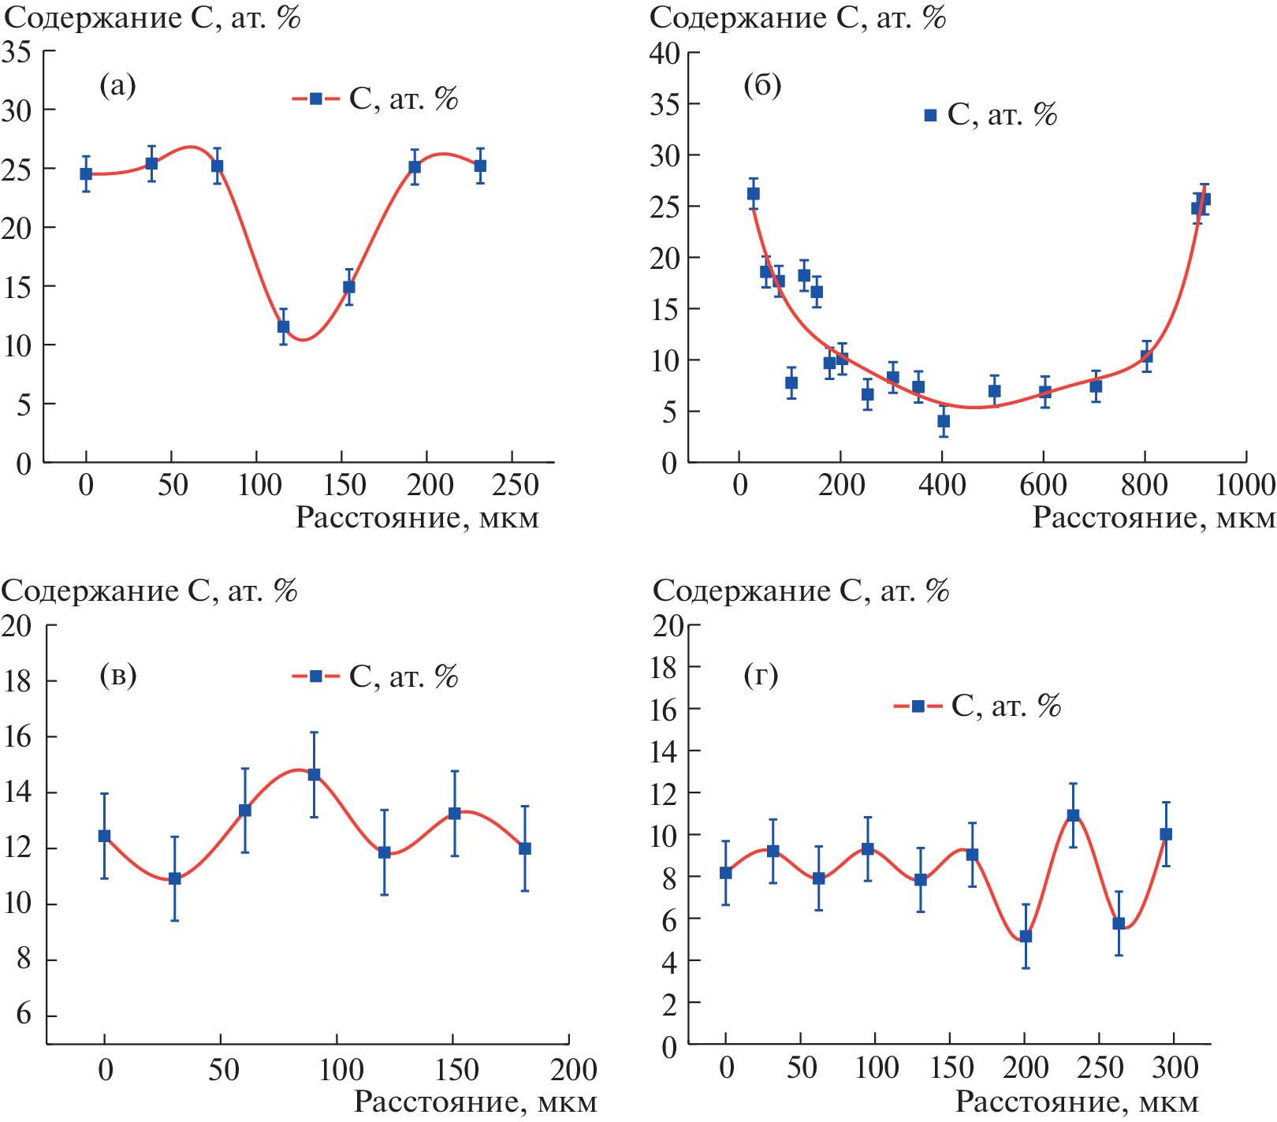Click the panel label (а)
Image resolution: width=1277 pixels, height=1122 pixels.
point(117,84)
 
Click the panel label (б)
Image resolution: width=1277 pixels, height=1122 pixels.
point(762,85)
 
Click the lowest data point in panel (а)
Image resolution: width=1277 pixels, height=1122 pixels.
point(283,326)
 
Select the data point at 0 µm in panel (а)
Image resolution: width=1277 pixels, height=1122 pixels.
point(86,174)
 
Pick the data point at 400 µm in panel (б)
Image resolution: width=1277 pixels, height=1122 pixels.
point(944,421)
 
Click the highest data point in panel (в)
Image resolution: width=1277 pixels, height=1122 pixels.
point(314,774)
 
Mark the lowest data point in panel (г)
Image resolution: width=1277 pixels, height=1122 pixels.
point(1026,936)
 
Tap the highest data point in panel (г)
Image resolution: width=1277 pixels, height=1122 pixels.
point(1073,815)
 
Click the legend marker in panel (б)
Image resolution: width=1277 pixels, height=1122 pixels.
point(930,115)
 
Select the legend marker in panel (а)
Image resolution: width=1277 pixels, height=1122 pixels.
point(315,99)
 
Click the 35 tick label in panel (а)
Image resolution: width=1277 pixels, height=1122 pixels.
point(17,52)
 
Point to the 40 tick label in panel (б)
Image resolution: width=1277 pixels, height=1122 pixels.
point(665,54)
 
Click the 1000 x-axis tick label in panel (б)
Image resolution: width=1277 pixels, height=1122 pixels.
point(1245,485)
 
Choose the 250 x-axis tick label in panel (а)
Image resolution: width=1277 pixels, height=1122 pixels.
point(515,485)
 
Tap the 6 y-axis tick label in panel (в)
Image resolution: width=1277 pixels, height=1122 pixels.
point(23,1014)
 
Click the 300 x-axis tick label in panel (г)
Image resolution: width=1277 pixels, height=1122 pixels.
point(1175,1068)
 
